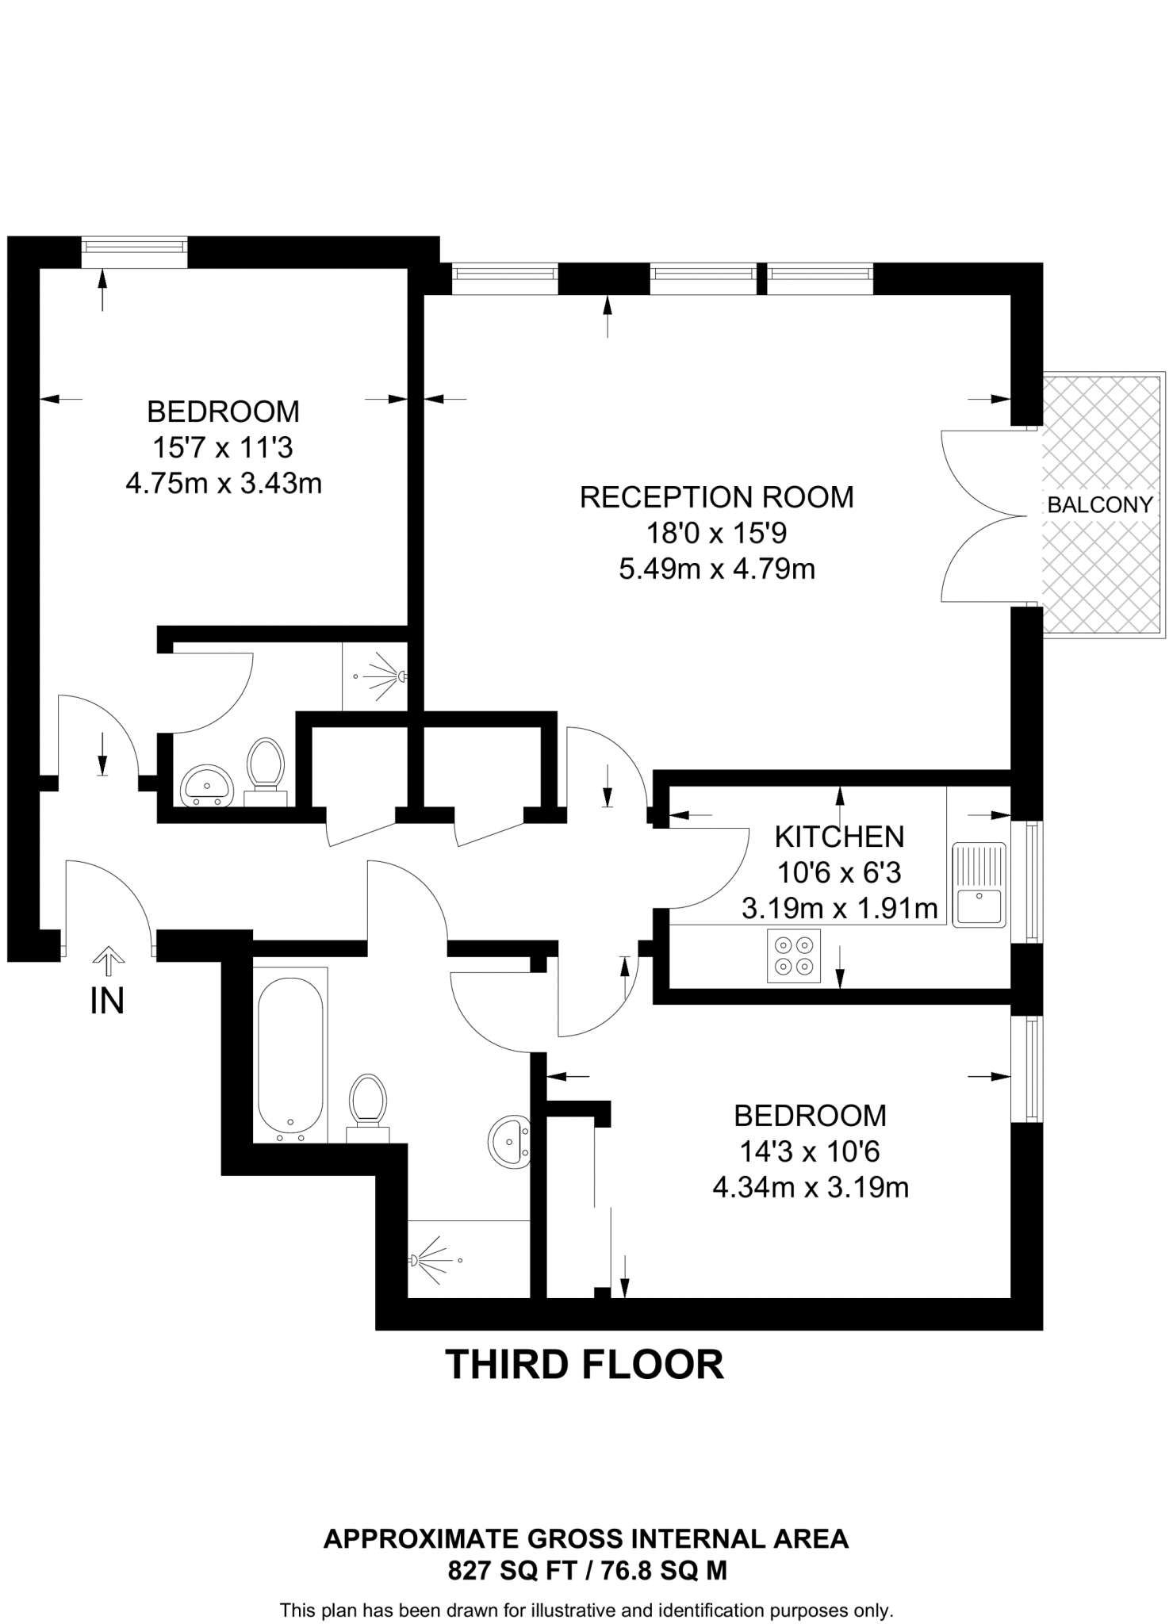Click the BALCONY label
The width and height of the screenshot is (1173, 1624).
[1099, 504]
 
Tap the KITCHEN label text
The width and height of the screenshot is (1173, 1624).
[838, 837]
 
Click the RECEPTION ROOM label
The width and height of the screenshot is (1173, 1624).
[716, 497]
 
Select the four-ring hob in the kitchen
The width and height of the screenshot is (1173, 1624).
[794, 956]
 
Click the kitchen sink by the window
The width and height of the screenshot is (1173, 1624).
[979, 884]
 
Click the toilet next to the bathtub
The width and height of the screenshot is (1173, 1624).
[368, 1105]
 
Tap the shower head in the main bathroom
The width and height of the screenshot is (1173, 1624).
[415, 1259]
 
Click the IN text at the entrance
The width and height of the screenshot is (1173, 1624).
[107, 1002]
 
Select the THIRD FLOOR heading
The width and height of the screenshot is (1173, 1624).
[585, 1365]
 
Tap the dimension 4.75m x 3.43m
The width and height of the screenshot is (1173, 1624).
[224, 483]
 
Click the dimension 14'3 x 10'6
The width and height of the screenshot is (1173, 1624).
[809, 1151]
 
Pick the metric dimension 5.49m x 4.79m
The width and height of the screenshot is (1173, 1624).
[716, 569]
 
